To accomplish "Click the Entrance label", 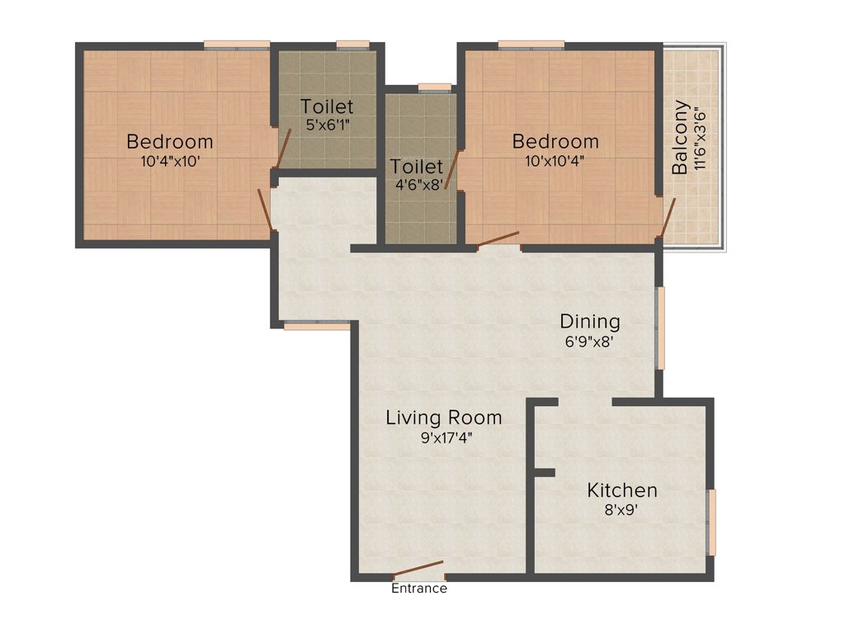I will point(418,589).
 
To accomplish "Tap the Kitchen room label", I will point(622,490).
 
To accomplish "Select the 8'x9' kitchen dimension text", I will point(622,510).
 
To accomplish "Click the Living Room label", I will point(444,418).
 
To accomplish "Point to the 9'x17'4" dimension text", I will point(444,438).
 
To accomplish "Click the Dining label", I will point(590,321).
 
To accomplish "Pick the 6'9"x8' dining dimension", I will point(590,341).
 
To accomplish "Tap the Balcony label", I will point(680,137).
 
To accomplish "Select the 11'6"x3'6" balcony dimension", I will point(701,137).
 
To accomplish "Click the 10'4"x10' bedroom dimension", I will point(170,162).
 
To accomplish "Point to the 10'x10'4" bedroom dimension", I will point(555,162).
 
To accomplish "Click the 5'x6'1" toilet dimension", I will point(327,126).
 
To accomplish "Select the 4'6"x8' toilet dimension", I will point(417,186).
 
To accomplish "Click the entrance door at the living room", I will point(418,570).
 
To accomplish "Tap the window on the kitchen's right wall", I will point(712,522).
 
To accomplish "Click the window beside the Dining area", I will point(660,327).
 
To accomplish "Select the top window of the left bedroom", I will point(237,45).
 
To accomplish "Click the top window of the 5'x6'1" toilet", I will point(352,45).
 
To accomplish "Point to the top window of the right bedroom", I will point(531,45).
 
